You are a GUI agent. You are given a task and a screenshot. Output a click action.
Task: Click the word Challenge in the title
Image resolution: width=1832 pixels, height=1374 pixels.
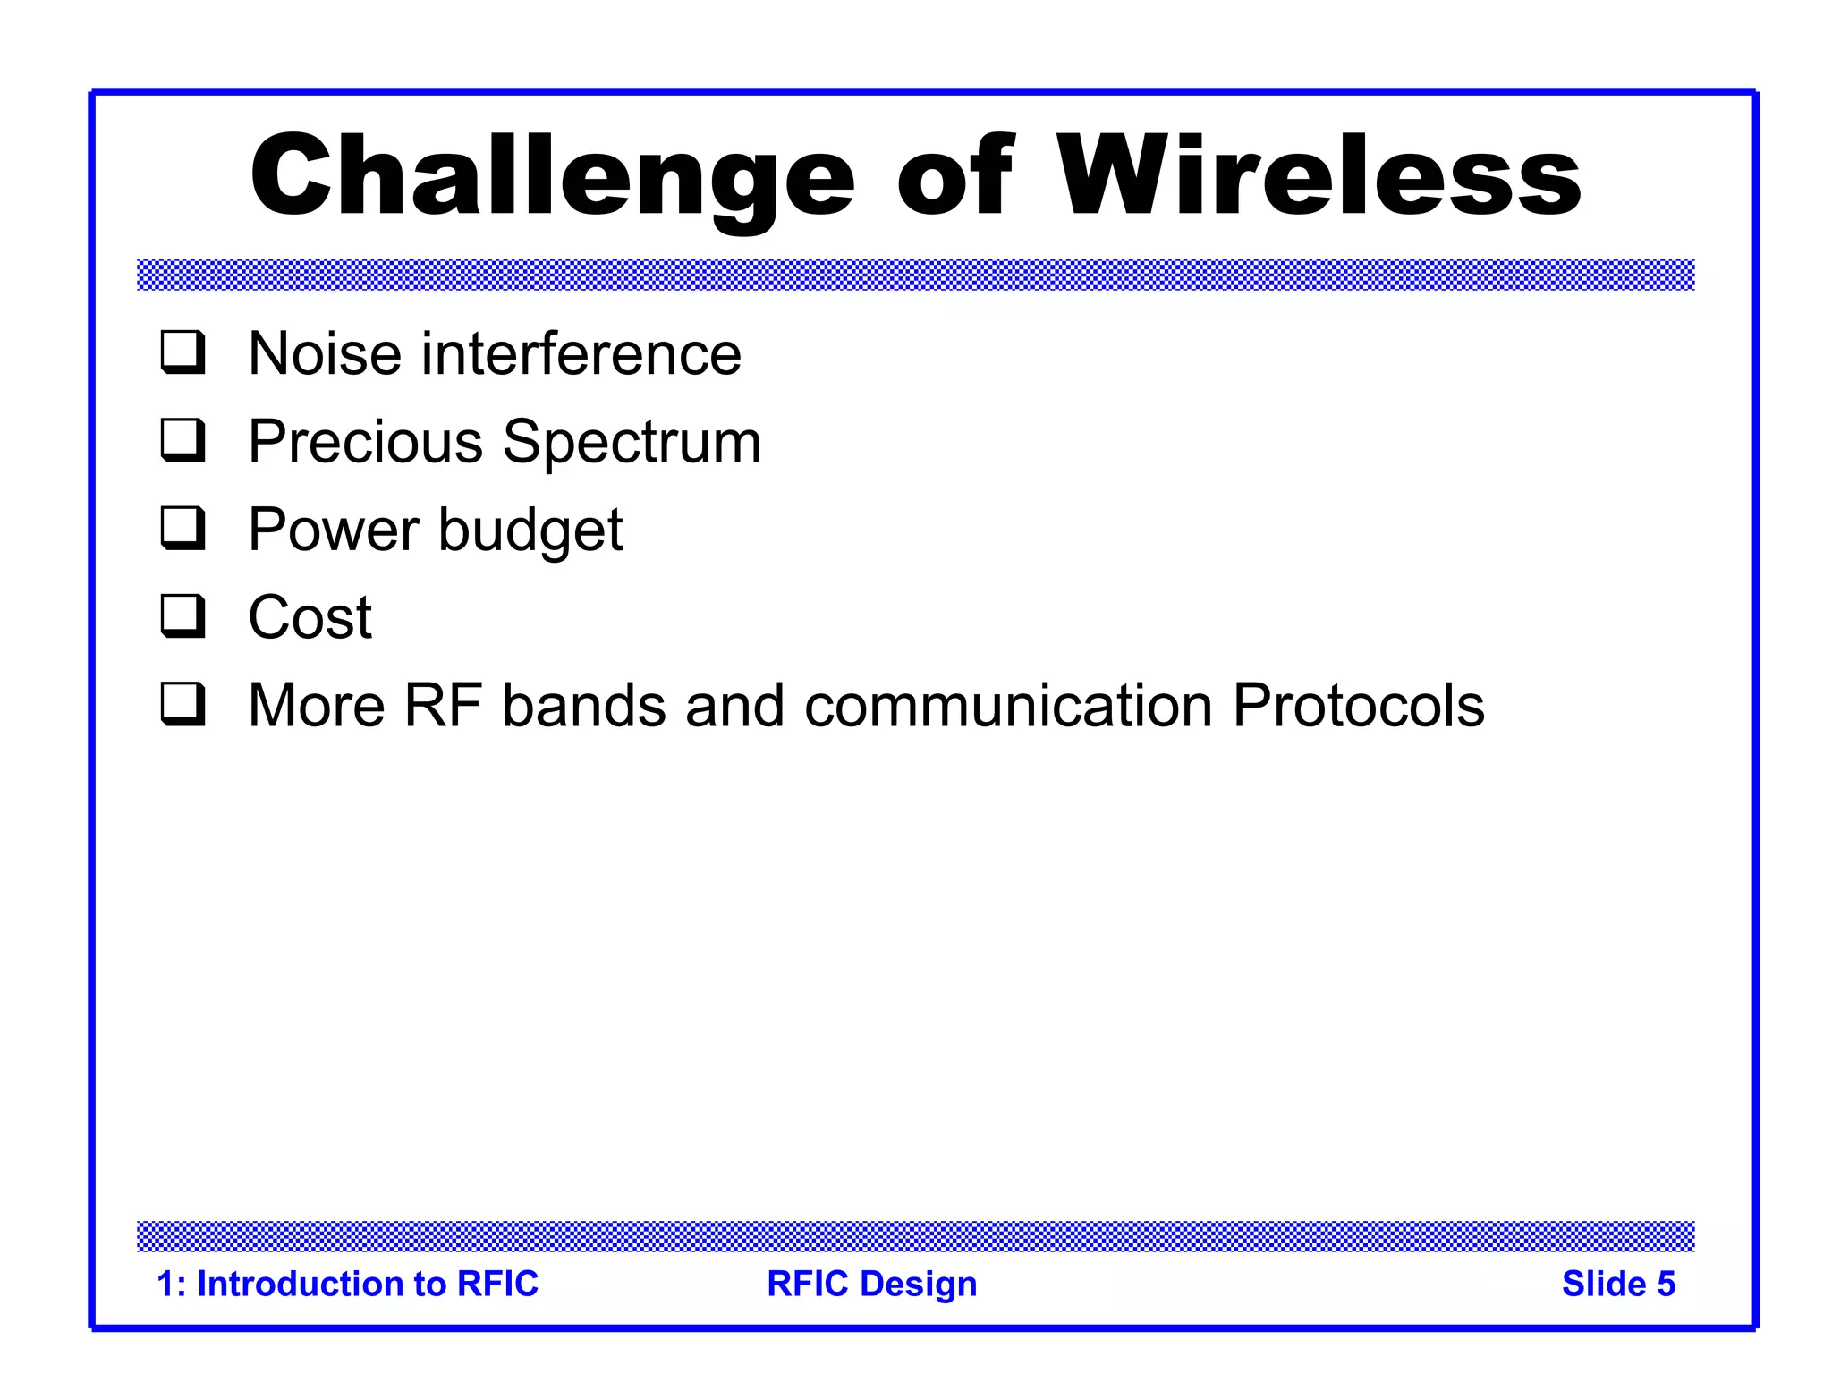[552, 176]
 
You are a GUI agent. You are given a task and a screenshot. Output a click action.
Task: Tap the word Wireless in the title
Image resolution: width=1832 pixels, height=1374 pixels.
[1319, 176]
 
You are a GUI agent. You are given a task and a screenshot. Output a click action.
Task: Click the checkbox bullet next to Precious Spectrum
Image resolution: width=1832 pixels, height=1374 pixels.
[182, 440]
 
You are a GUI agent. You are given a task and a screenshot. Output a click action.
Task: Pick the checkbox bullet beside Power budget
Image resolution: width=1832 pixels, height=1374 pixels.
[182, 528]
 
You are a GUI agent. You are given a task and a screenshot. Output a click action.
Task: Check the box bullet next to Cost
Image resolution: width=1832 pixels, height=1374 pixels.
[182, 616]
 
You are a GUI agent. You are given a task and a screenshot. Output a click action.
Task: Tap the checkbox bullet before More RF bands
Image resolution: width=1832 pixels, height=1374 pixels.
[182, 704]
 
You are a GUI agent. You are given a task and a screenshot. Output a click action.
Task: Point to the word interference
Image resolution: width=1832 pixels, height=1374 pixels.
[581, 353]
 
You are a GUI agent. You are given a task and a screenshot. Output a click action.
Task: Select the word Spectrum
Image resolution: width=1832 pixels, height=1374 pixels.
[632, 442]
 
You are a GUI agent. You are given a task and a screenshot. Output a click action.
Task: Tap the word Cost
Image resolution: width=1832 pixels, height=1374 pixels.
[310, 618]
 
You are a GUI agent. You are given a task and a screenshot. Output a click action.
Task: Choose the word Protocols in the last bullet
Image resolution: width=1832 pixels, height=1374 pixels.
[1358, 706]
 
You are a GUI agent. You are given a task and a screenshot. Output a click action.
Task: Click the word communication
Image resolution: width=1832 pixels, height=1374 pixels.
[1008, 706]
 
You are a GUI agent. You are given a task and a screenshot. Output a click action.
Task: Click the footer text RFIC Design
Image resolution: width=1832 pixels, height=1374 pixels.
[871, 1284]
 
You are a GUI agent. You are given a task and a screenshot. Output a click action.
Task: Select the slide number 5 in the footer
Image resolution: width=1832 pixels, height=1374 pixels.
[1666, 1284]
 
